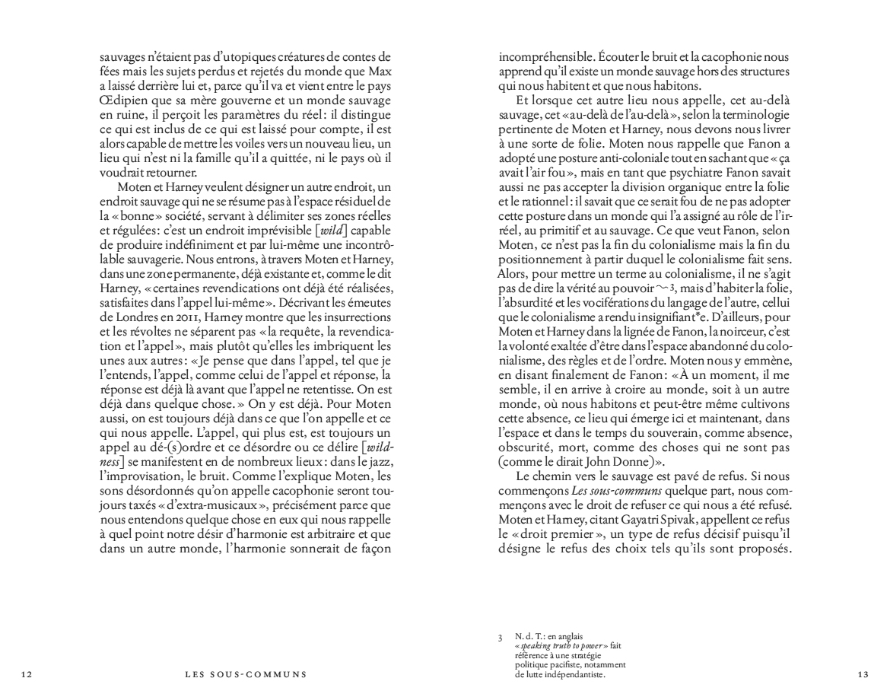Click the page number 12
point(27,674)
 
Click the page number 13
point(863,674)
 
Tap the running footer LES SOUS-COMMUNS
point(246,674)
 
